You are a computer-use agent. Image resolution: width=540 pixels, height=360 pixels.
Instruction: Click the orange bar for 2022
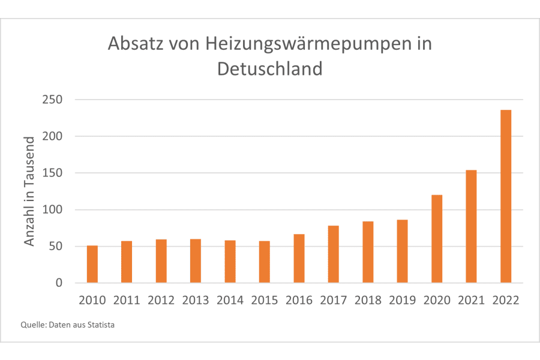tap(506, 196)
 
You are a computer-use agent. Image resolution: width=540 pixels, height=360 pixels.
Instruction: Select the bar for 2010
tap(92, 264)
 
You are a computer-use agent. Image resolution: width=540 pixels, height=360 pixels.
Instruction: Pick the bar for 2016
tap(299, 258)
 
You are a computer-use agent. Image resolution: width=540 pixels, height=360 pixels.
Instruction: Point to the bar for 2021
tap(471, 226)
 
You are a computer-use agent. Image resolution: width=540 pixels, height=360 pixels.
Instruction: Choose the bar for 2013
tap(196, 261)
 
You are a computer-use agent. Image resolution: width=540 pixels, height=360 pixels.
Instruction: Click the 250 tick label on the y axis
tap(52, 100)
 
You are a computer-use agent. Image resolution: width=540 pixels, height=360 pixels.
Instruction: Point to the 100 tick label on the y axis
tap(52, 210)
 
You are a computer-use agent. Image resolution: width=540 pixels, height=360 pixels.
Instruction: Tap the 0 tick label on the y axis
tap(59, 283)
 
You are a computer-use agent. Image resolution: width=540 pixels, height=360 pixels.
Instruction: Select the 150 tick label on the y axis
tap(52, 173)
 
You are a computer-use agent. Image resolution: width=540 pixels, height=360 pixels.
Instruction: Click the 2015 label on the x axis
tap(264, 300)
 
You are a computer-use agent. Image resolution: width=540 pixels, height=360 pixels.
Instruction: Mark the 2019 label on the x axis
tap(402, 300)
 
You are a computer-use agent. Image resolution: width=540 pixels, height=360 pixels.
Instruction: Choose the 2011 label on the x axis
tap(127, 300)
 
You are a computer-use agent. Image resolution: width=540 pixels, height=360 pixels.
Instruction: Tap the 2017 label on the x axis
tap(333, 300)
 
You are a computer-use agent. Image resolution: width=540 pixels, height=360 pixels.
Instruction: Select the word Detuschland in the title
tap(269, 68)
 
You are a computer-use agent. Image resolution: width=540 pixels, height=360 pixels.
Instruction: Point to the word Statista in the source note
tap(100, 325)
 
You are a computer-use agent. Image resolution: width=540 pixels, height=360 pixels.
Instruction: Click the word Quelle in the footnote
tap(32, 325)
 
